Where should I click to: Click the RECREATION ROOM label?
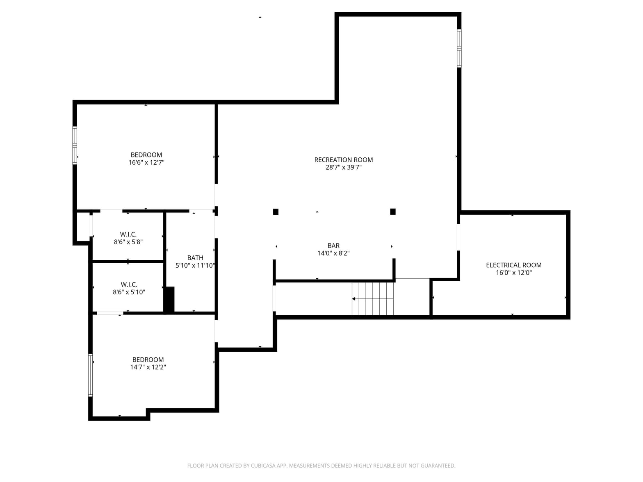click(343, 160)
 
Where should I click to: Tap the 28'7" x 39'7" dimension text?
click(343, 167)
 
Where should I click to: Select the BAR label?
click(333, 246)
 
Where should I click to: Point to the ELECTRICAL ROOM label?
click(513, 265)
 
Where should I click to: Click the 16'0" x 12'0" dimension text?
click(513, 273)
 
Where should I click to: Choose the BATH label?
click(195, 258)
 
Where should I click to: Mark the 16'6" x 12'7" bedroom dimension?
click(146, 162)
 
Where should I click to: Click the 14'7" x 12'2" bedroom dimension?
click(148, 367)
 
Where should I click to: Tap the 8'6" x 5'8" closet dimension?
click(128, 242)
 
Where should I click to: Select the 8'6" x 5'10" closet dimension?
click(129, 292)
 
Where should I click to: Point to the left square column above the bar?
click(276, 212)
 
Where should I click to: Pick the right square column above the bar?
click(393, 211)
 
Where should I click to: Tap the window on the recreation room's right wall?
click(459, 48)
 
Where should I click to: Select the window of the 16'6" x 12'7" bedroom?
click(75, 146)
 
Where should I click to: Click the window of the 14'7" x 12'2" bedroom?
click(91, 375)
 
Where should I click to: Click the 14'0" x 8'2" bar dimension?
click(333, 253)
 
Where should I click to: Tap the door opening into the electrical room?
click(458, 237)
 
